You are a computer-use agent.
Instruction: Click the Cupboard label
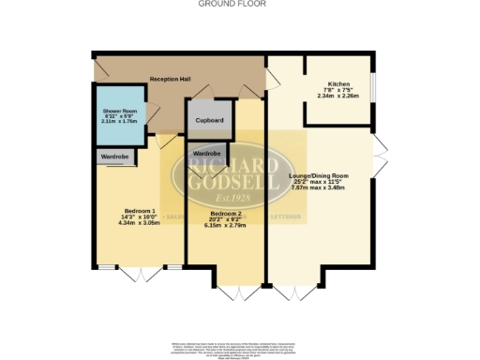209,120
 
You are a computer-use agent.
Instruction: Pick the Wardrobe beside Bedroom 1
114,157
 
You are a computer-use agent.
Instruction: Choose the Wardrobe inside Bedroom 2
206,152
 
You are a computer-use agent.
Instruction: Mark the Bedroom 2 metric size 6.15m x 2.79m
224,228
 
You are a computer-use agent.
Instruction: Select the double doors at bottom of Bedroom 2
225,292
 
